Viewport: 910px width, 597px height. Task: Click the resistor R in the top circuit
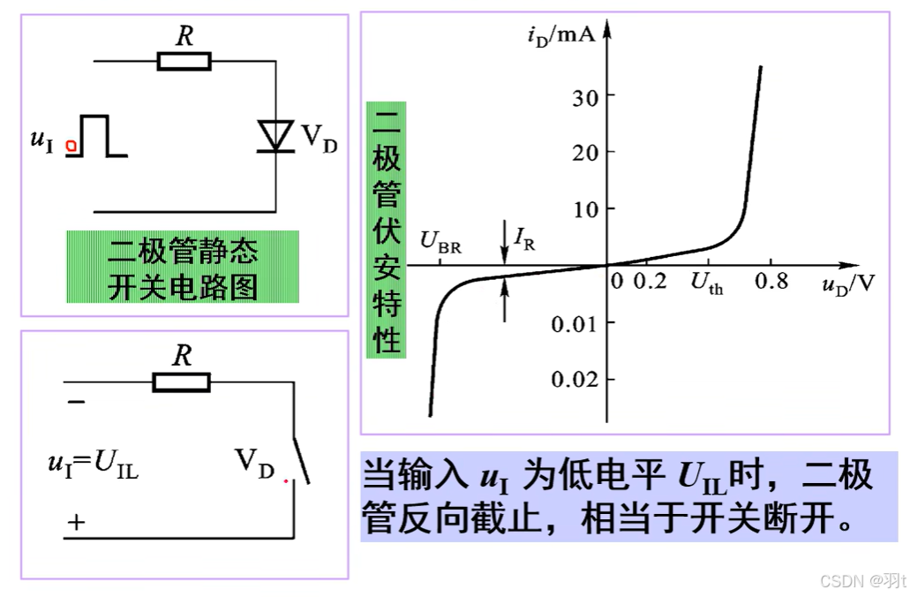(184, 61)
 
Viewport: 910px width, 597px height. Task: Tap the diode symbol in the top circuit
(275, 135)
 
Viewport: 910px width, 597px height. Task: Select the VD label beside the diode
(319, 139)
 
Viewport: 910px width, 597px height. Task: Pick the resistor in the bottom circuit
(182, 382)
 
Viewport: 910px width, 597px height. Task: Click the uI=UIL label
(93, 464)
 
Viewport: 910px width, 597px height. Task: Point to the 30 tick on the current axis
(582, 95)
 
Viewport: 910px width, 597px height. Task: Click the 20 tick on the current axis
(582, 152)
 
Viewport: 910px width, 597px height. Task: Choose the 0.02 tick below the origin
(575, 380)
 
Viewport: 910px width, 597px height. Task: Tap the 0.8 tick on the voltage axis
(771, 283)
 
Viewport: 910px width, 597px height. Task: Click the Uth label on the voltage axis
(706, 283)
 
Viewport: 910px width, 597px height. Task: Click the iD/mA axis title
(560, 36)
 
